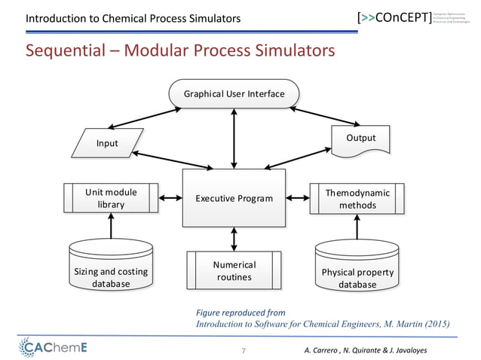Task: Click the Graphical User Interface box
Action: (x=234, y=94)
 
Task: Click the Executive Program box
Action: (x=234, y=199)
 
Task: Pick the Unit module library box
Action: (x=111, y=199)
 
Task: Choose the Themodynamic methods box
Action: (x=357, y=199)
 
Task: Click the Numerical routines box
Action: (x=234, y=271)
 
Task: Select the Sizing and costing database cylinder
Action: (x=111, y=266)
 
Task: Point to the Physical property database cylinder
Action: (x=357, y=266)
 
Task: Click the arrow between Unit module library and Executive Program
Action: (x=170, y=199)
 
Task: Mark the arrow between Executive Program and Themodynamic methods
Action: (x=299, y=199)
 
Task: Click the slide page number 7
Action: (x=243, y=351)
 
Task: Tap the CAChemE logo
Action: (x=52, y=347)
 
